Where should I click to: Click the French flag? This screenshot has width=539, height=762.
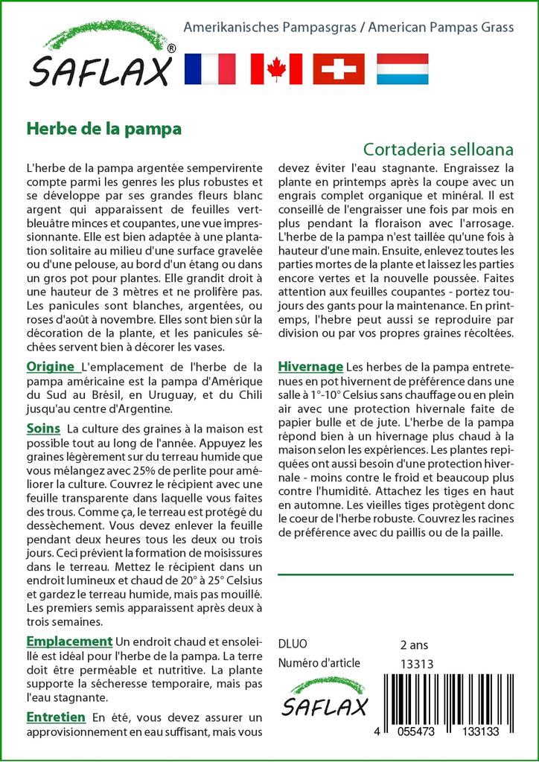(209, 68)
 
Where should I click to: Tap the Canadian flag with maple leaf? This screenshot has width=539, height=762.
(276, 68)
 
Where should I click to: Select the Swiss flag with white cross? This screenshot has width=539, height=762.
(339, 68)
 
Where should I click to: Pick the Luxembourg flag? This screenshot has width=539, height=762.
(402, 68)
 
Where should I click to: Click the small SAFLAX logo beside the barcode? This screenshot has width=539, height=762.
(325, 698)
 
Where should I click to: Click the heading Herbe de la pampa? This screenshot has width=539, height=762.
(104, 127)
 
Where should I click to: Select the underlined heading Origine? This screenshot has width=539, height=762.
(51, 366)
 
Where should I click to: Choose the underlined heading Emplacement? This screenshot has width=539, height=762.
(69, 641)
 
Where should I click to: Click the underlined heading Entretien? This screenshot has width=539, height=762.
(56, 717)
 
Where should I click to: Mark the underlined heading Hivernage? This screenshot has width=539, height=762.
(310, 366)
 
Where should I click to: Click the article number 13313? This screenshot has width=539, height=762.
(417, 664)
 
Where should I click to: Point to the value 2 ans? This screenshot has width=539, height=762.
(414, 644)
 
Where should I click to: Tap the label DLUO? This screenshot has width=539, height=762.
(292, 644)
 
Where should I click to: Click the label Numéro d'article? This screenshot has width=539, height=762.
(319, 663)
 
